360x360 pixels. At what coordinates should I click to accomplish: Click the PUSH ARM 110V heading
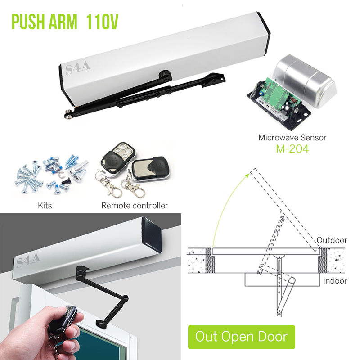tap(65, 21)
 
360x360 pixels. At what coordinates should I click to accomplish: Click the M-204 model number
tap(292, 149)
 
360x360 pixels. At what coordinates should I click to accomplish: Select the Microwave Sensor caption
tap(292, 138)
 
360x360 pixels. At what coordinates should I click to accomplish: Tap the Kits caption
tap(45, 206)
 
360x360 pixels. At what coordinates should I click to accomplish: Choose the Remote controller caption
tap(135, 206)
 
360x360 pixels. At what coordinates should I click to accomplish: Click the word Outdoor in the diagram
tap(332, 240)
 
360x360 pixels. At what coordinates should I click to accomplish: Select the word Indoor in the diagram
tap(335, 281)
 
